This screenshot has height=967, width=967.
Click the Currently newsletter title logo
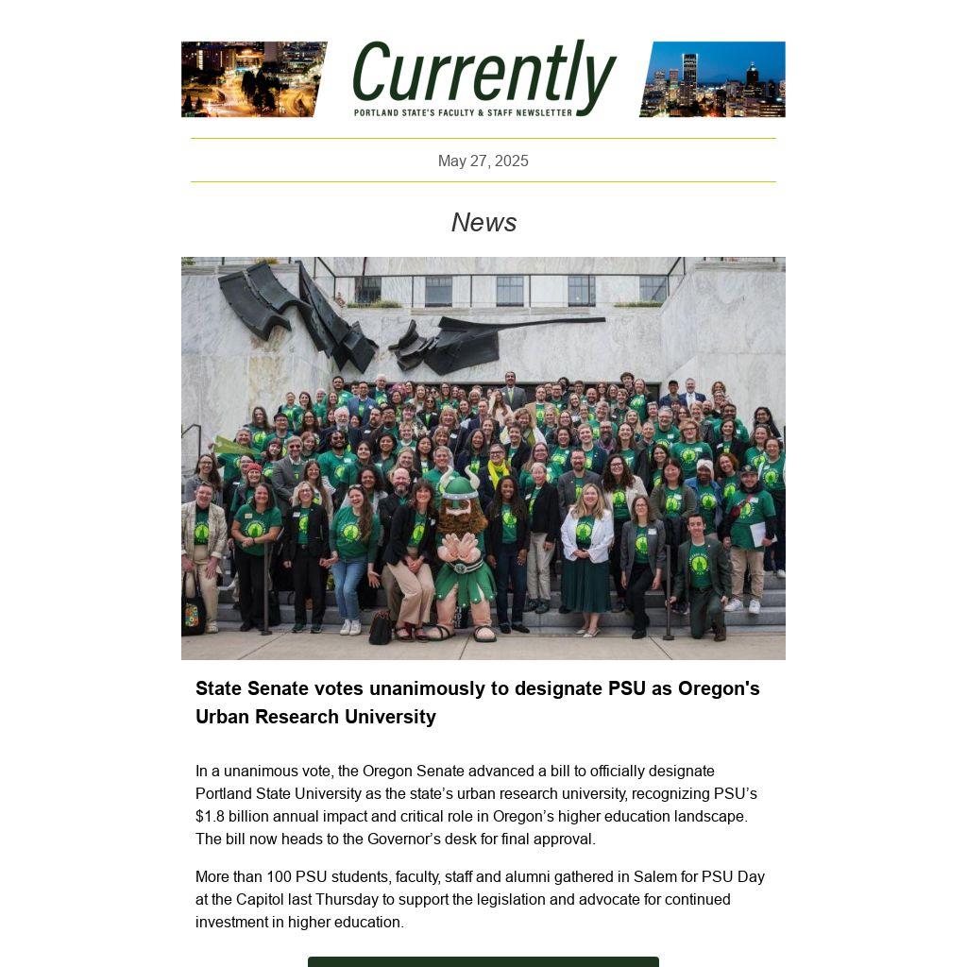pos(483,74)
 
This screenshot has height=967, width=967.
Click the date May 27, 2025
pos(483,161)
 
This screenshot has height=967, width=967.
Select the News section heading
pos(483,223)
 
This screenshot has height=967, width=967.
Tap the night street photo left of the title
pos(253,79)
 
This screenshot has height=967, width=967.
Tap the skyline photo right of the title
pos(713,79)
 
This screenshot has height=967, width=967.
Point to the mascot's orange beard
pos(460,519)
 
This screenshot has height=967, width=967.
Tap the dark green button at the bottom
pos(483,961)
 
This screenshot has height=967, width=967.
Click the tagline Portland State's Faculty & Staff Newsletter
pos(463,112)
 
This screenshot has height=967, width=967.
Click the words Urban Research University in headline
pos(315,717)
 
